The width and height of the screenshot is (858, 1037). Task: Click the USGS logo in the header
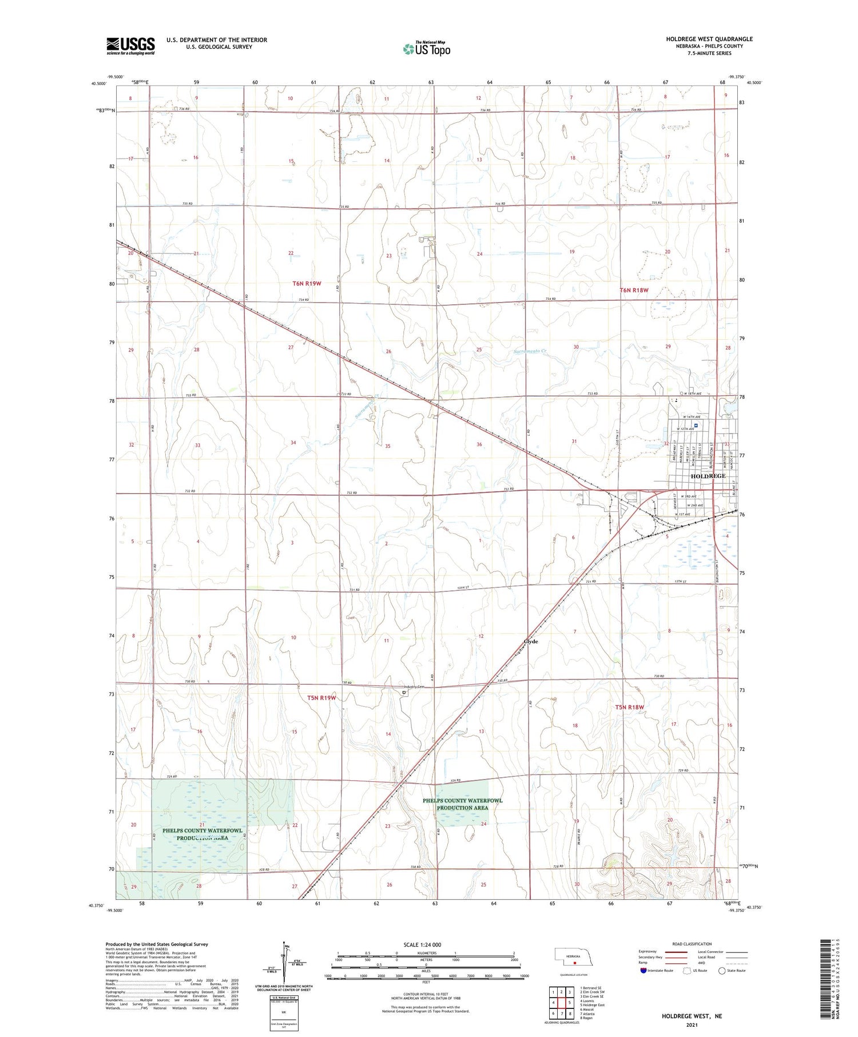pyautogui.click(x=130, y=46)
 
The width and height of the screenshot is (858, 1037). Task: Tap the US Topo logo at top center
pyautogui.click(x=426, y=49)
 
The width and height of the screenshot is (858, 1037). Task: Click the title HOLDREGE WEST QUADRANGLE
pyautogui.click(x=709, y=39)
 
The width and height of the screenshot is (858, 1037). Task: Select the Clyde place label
pyautogui.click(x=531, y=642)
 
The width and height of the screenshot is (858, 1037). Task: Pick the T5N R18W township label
pyautogui.click(x=629, y=707)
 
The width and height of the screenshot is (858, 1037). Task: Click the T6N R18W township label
pyautogui.click(x=634, y=290)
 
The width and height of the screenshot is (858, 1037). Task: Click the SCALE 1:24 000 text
pyautogui.click(x=422, y=944)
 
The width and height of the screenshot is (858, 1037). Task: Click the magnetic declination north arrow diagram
pyautogui.click(x=283, y=964)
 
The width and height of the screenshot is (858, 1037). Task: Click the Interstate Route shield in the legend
pyautogui.click(x=643, y=971)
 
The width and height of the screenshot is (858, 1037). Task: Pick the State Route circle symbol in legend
pyautogui.click(x=722, y=971)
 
